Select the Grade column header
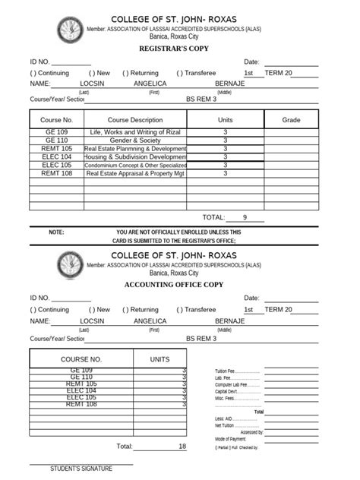[292, 120]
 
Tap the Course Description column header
[135, 120]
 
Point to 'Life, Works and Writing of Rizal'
[135, 132]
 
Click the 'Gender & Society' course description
[135, 141]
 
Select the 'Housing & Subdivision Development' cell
[135, 157]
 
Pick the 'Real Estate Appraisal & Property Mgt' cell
[135, 174]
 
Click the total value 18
[182, 447]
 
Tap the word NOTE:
[56, 232]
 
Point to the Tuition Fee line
[236, 371]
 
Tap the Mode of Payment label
[231, 439]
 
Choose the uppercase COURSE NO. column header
[81, 358]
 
